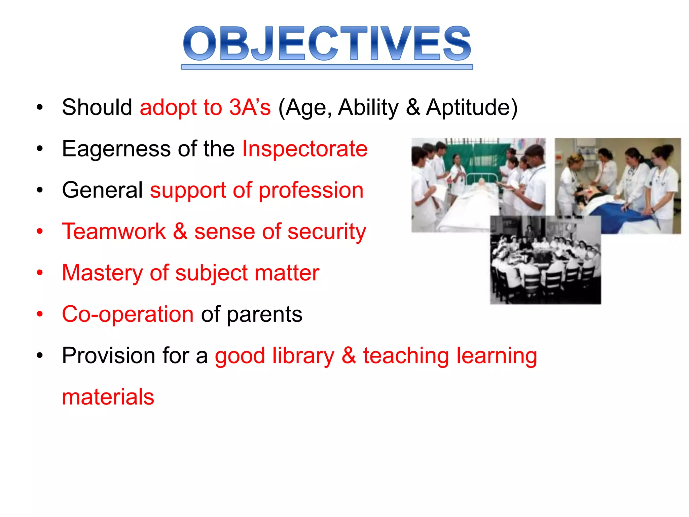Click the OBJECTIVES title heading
tap(327, 44)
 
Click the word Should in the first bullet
tap(97, 107)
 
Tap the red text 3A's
tap(250, 107)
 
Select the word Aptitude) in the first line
tap(472, 107)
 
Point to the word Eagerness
tap(116, 149)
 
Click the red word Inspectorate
tap(305, 149)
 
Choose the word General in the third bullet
tap(103, 190)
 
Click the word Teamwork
tap(114, 232)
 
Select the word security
tap(327, 232)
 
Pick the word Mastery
tap(102, 273)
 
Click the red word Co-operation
tap(128, 314)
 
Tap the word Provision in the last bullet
tap(108, 356)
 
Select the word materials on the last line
tap(108, 397)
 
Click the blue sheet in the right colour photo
tap(619, 215)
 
